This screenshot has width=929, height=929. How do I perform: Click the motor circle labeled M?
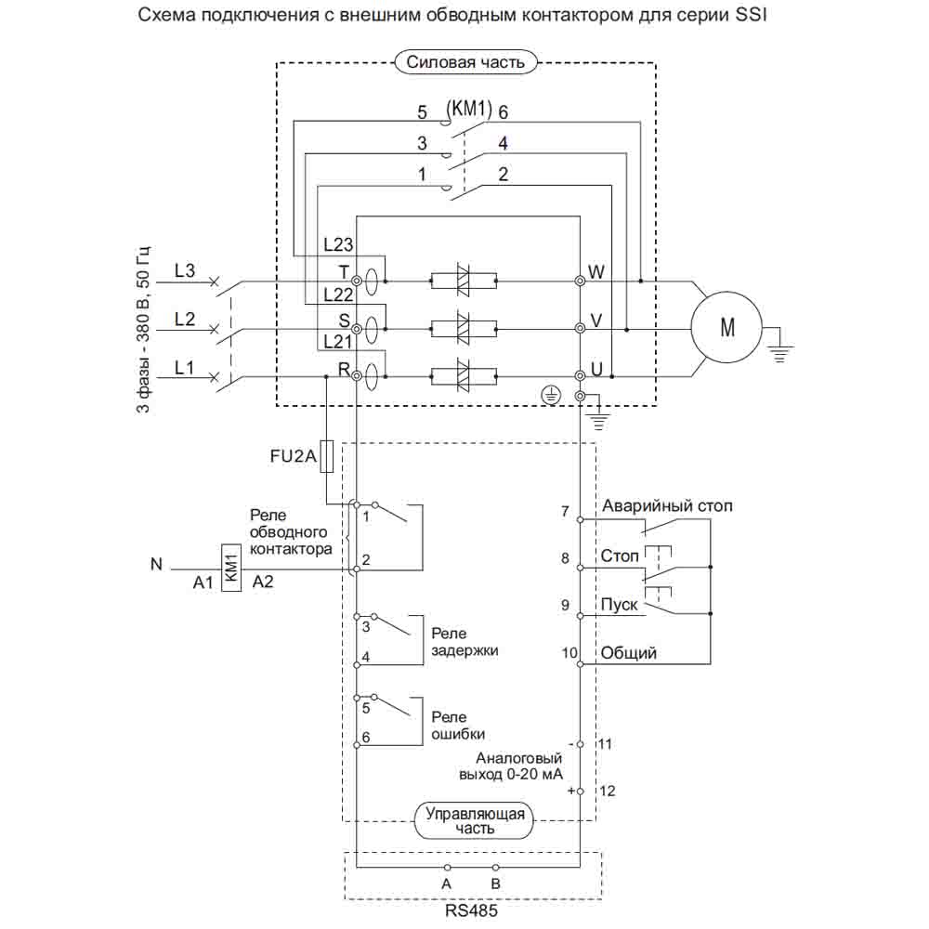point(726,328)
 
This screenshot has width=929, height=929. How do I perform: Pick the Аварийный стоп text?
point(667,506)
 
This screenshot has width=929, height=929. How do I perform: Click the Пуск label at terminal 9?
point(619,604)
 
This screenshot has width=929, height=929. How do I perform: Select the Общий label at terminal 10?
point(629,653)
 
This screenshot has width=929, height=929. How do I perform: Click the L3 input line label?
point(185,270)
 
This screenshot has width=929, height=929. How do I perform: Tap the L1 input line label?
point(185,367)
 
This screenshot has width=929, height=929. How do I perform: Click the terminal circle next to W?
point(581,280)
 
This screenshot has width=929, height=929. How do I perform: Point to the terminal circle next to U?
point(581,376)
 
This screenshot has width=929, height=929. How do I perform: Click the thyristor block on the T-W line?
point(463,280)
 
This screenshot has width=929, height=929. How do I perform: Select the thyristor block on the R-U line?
point(463,376)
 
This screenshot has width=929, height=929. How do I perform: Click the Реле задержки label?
point(464,641)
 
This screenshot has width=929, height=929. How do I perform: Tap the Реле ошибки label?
point(458,725)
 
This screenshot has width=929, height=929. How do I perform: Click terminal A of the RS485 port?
point(446,869)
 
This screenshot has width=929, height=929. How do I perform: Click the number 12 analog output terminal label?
point(608,791)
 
